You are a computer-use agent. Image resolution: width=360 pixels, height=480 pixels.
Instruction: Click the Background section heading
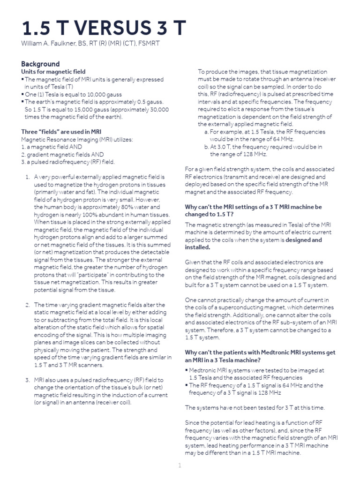(40, 64)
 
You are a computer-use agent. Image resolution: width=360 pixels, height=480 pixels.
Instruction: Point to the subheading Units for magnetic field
(53, 72)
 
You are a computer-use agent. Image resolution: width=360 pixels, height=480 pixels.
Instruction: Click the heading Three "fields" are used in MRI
(61, 132)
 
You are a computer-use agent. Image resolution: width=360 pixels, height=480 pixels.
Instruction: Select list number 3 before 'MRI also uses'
(27, 379)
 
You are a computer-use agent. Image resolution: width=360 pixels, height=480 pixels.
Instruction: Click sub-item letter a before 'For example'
(206, 132)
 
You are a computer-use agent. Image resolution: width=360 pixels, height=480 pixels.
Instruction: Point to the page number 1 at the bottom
(179, 465)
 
